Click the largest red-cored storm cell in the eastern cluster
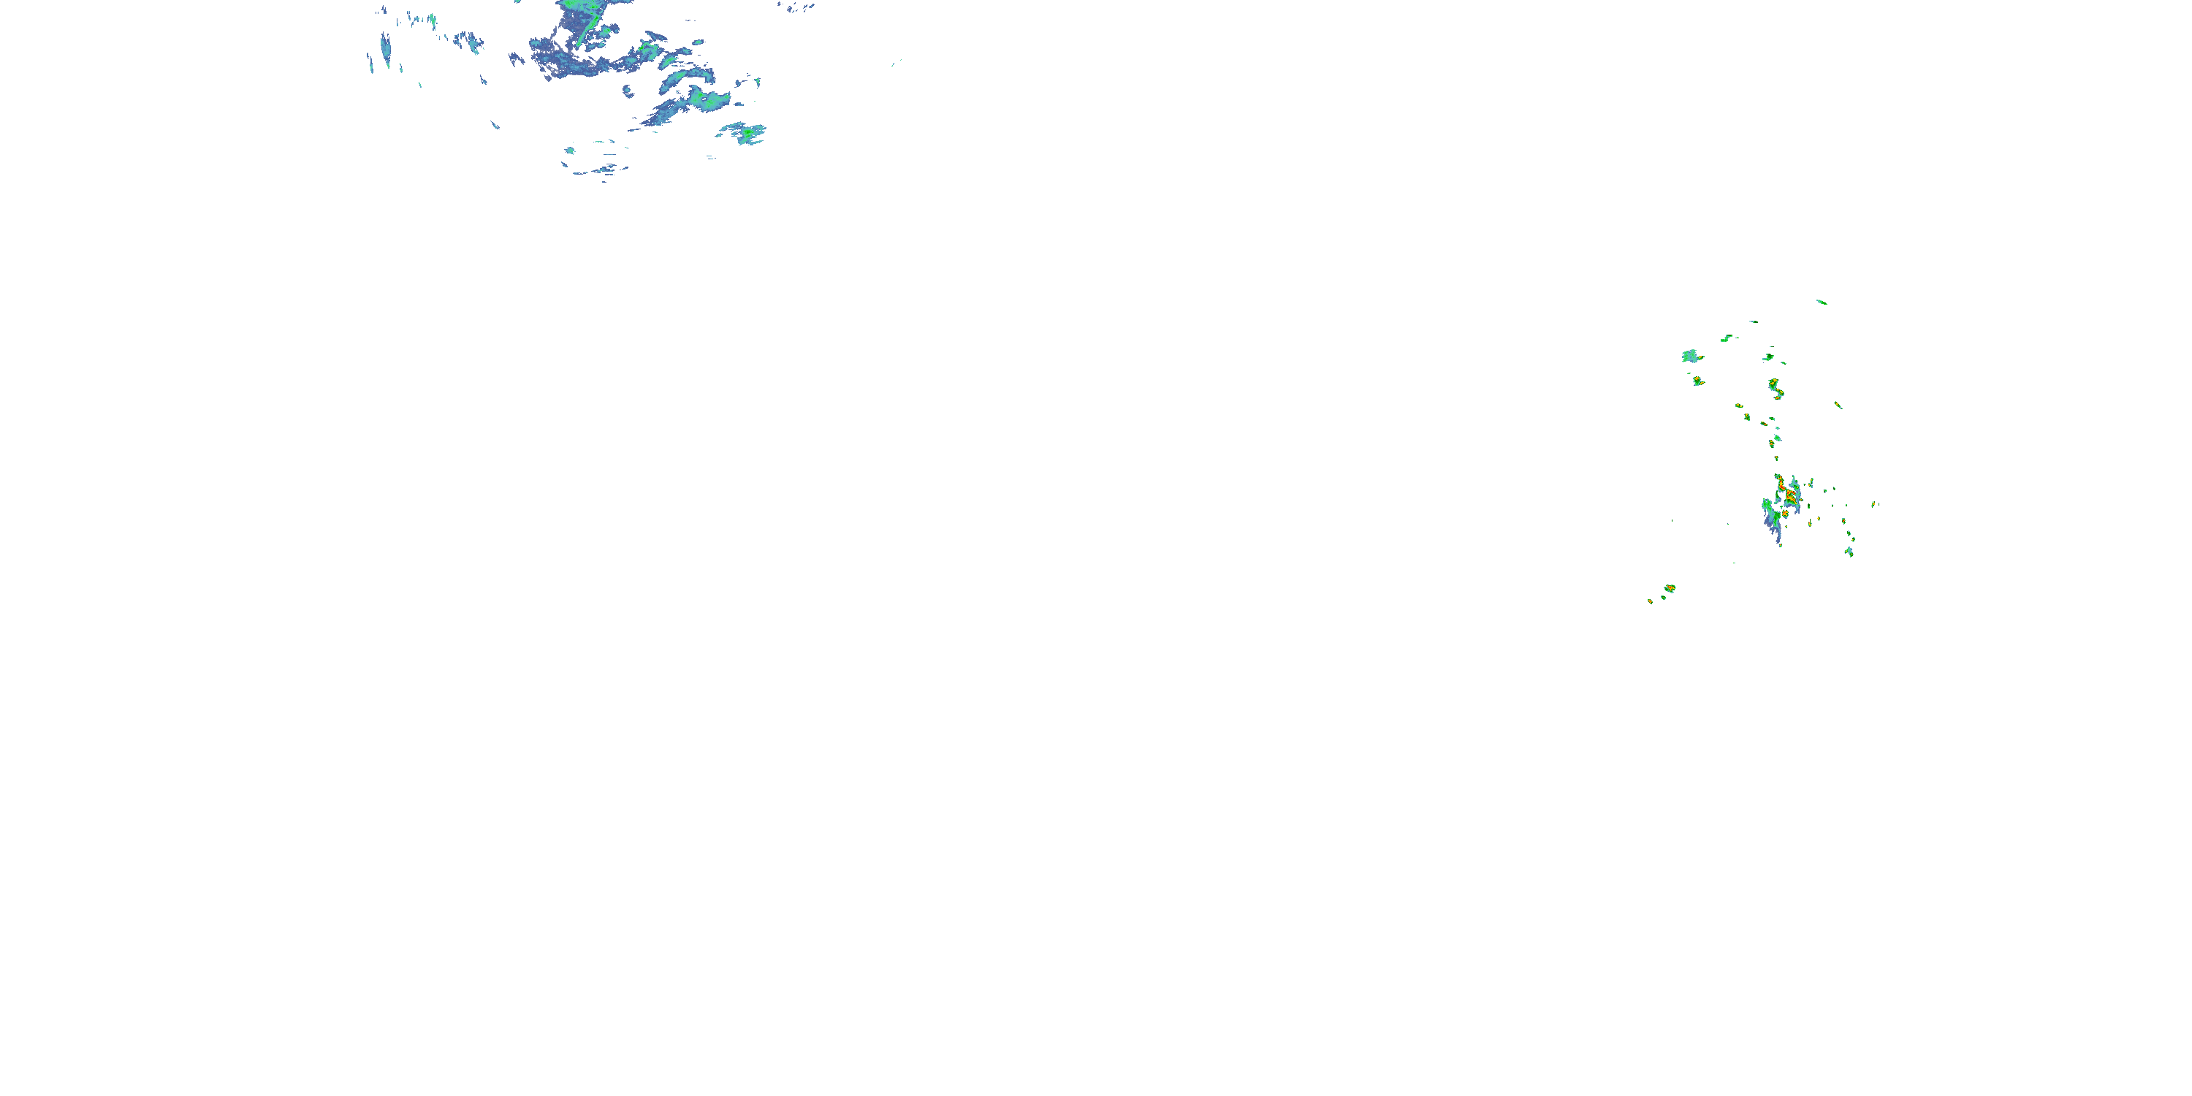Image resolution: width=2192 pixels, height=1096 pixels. tap(1789, 492)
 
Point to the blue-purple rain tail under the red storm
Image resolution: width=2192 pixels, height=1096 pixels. tap(1773, 527)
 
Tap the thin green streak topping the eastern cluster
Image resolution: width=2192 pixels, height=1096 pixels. tap(1821, 301)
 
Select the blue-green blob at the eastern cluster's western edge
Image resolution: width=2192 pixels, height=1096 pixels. tap(1691, 356)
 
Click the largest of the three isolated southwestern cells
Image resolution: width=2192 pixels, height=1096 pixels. tap(1670, 588)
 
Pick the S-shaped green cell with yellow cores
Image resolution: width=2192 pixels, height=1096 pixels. tap(1775, 389)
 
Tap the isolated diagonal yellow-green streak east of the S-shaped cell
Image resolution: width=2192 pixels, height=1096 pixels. tap(1838, 405)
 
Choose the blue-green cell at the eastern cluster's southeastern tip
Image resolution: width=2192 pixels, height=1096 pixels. tap(1849, 552)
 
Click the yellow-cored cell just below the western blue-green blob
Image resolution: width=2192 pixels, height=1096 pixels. tap(1697, 381)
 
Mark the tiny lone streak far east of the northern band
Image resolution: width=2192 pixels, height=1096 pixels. tap(895, 62)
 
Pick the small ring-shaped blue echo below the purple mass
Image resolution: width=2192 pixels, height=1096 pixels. tap(628, 89)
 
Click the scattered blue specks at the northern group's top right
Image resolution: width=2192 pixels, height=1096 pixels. tap(796, 7)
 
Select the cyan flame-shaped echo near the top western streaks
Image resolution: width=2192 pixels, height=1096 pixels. tap(431, 19)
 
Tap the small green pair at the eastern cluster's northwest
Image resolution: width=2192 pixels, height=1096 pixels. tap(1727, 338)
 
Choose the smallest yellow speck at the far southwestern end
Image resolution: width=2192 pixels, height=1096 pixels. tap(1650, 601)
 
